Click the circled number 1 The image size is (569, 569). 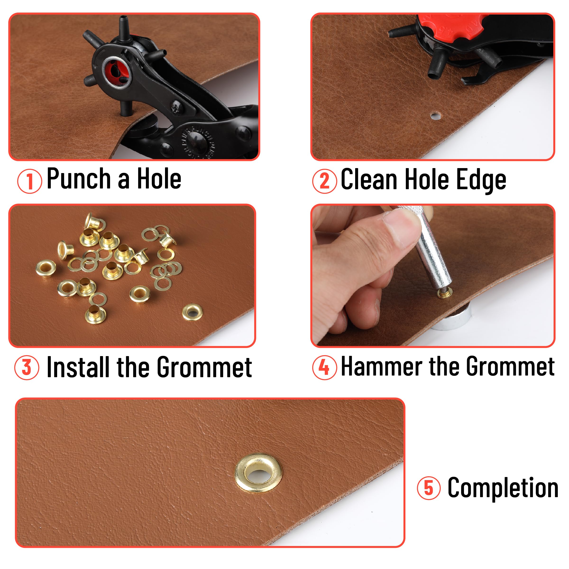(29, 181)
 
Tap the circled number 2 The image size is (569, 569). (324, 181)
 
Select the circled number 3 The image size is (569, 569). (27, 367)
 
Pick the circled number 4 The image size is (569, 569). (324, 367)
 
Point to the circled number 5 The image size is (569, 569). (428, 488)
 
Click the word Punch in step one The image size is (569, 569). (79, 179)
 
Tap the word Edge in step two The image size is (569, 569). (481, 180)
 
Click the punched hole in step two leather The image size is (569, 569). (436, 116)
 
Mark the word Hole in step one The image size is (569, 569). (159, 179)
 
